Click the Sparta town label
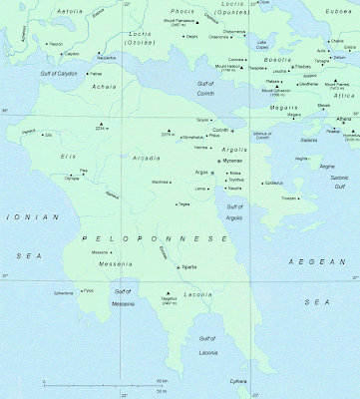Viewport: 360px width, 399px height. coord(189,267)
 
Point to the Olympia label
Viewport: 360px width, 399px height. coord(73,178)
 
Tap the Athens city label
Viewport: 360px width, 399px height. coord(342,119)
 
